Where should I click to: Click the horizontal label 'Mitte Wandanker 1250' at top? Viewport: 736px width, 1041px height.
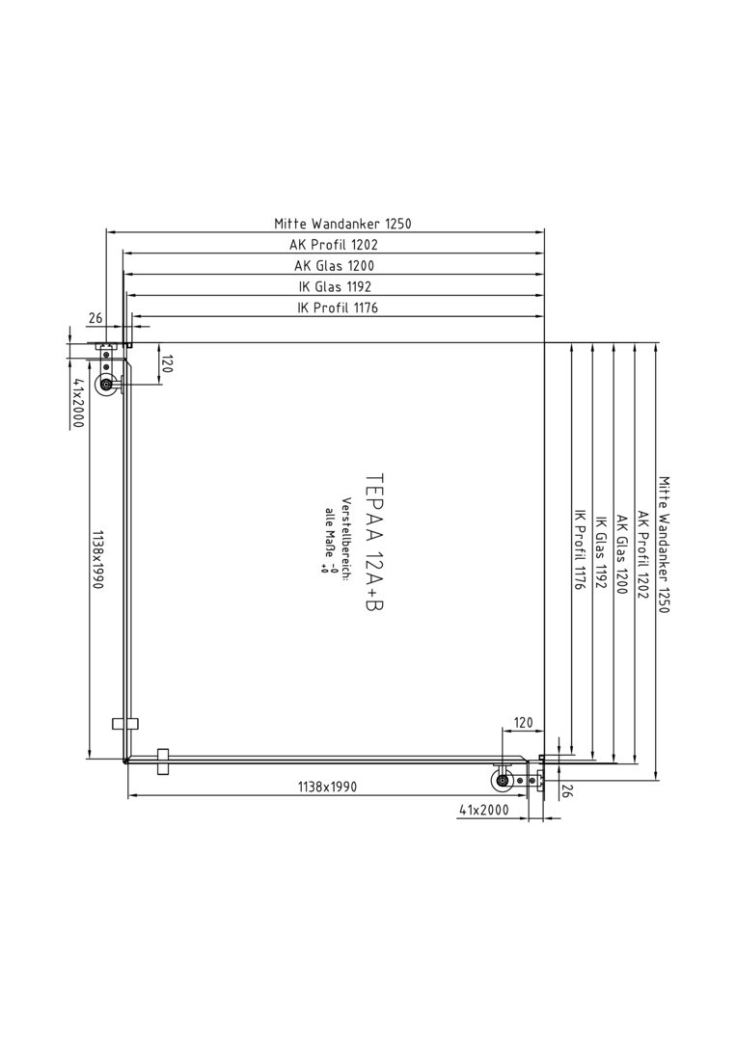[342, 223]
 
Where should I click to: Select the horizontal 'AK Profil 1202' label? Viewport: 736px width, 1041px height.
[334, 244]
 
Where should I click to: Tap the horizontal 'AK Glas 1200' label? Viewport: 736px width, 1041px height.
[334, 266]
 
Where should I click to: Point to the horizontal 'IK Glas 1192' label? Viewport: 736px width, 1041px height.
[334, 287]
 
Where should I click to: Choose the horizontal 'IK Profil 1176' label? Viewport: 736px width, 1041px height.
[339, 307]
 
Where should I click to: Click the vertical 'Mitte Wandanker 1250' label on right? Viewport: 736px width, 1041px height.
[664, 545]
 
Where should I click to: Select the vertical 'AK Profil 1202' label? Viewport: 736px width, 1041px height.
[642, 554]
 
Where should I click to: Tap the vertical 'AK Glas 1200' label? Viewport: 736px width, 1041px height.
[622, 554]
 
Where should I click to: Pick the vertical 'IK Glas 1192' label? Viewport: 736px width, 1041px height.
[601, 552]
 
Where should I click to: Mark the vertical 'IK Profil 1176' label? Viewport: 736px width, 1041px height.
[579, 550]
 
